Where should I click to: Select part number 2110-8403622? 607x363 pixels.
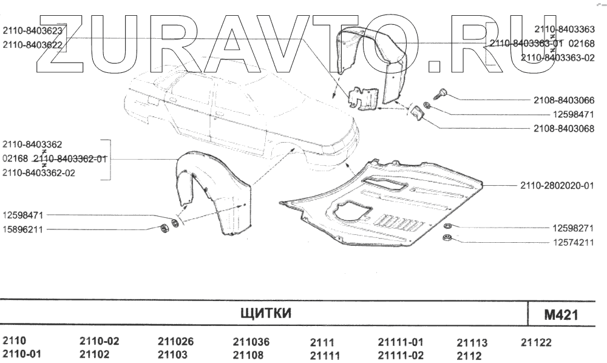[33, 44]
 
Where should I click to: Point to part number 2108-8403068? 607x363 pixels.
[564, 128]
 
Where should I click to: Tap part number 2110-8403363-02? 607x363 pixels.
[557, 57]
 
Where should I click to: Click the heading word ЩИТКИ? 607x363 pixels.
[266, 313]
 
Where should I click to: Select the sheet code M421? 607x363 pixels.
[561, 315]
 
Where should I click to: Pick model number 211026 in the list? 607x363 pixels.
[175, 342]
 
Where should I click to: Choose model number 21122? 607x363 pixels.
[536, 342]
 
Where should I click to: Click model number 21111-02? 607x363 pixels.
[401, 355]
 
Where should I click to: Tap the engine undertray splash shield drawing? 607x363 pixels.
[388, 206]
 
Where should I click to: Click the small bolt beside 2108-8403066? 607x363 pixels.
[441, 93]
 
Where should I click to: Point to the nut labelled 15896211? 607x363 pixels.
[162, 228]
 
